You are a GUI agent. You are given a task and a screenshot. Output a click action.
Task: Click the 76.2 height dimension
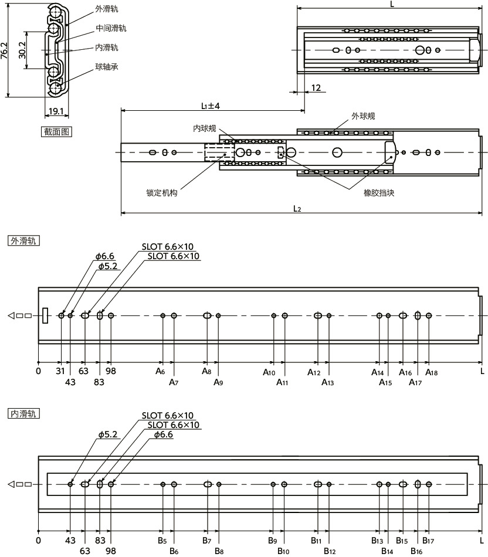point(4,50)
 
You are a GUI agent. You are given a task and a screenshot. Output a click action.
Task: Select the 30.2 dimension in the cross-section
point(22,50)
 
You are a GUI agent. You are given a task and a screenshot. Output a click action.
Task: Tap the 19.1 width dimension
point(56,111)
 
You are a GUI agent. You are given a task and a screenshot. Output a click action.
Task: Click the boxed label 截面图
point(56,132)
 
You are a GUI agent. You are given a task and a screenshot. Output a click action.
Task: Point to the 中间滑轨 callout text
point(111,28)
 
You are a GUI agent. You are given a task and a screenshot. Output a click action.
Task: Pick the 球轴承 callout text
point(107,67)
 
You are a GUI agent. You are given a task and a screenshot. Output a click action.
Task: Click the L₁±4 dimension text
point(211,106)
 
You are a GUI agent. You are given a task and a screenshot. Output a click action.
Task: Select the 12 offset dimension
point(316,88)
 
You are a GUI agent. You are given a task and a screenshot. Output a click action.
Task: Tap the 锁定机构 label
point(162,193)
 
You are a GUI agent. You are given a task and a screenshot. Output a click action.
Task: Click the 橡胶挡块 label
point(379,193)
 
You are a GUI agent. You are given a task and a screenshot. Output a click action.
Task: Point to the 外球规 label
point(363,116)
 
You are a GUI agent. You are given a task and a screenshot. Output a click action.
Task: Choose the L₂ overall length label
point(297,209)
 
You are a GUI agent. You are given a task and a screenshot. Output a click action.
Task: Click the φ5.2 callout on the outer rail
point(108,266)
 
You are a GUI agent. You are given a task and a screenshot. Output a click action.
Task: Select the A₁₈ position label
point(432,372)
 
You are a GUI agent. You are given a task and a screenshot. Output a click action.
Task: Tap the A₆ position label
point(160,371)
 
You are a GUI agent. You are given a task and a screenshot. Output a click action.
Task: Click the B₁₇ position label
point(428,541)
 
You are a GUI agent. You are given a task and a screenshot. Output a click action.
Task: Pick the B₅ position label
point(162,541)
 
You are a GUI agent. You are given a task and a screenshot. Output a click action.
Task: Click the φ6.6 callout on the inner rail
point(164,434)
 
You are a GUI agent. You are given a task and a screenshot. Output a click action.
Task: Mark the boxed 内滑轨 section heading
point(23,414)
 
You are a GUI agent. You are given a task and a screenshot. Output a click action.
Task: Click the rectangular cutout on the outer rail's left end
point(45,315)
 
